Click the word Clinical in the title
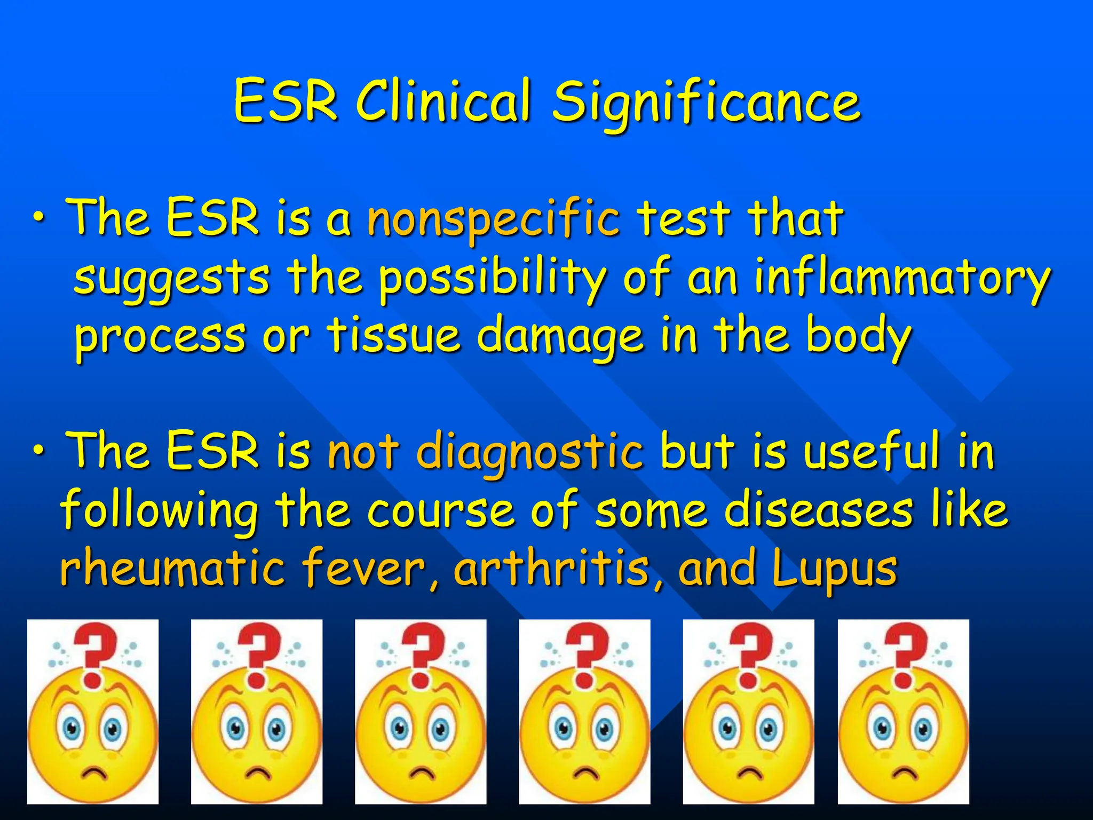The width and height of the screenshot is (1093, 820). coord(444,101)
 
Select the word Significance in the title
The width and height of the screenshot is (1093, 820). coord(706,105)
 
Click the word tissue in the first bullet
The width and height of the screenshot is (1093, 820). coord(393,335)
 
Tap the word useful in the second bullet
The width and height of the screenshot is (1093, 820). coord(871,452)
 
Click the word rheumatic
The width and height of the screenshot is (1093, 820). coord(172,568)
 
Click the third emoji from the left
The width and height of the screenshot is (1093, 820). coord(421,711)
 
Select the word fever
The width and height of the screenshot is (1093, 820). coord(371,568)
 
